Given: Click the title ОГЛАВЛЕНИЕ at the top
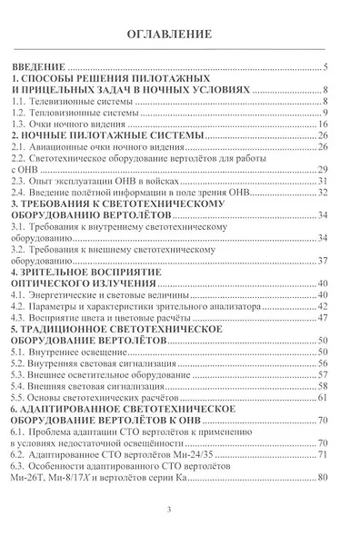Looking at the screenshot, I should (179, 35).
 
